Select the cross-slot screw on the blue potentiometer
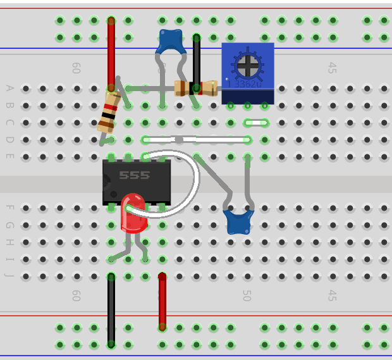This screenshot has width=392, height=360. click(x=248, y=64)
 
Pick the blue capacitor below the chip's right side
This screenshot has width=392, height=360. click(x=238, y=222)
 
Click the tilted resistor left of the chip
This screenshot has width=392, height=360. click(x=109, y=112)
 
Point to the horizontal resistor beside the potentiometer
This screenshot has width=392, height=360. click(x=195, y=88)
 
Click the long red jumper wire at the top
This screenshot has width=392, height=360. click(x=111, y=54)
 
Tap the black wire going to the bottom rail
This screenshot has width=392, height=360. click(x=111, y=310)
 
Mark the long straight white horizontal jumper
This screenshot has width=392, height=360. click(x=196, y=139)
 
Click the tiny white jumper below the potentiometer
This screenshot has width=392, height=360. click(x=256, y=122)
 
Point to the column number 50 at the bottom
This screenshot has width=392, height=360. click(x=247, y=296)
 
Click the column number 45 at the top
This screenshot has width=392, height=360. click(x=332, y=68)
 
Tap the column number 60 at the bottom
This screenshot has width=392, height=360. click(x=77, y=296)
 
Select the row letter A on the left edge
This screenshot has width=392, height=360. click(x=9, y=88)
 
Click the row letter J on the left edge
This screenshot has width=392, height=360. click(x=9, y=276)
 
